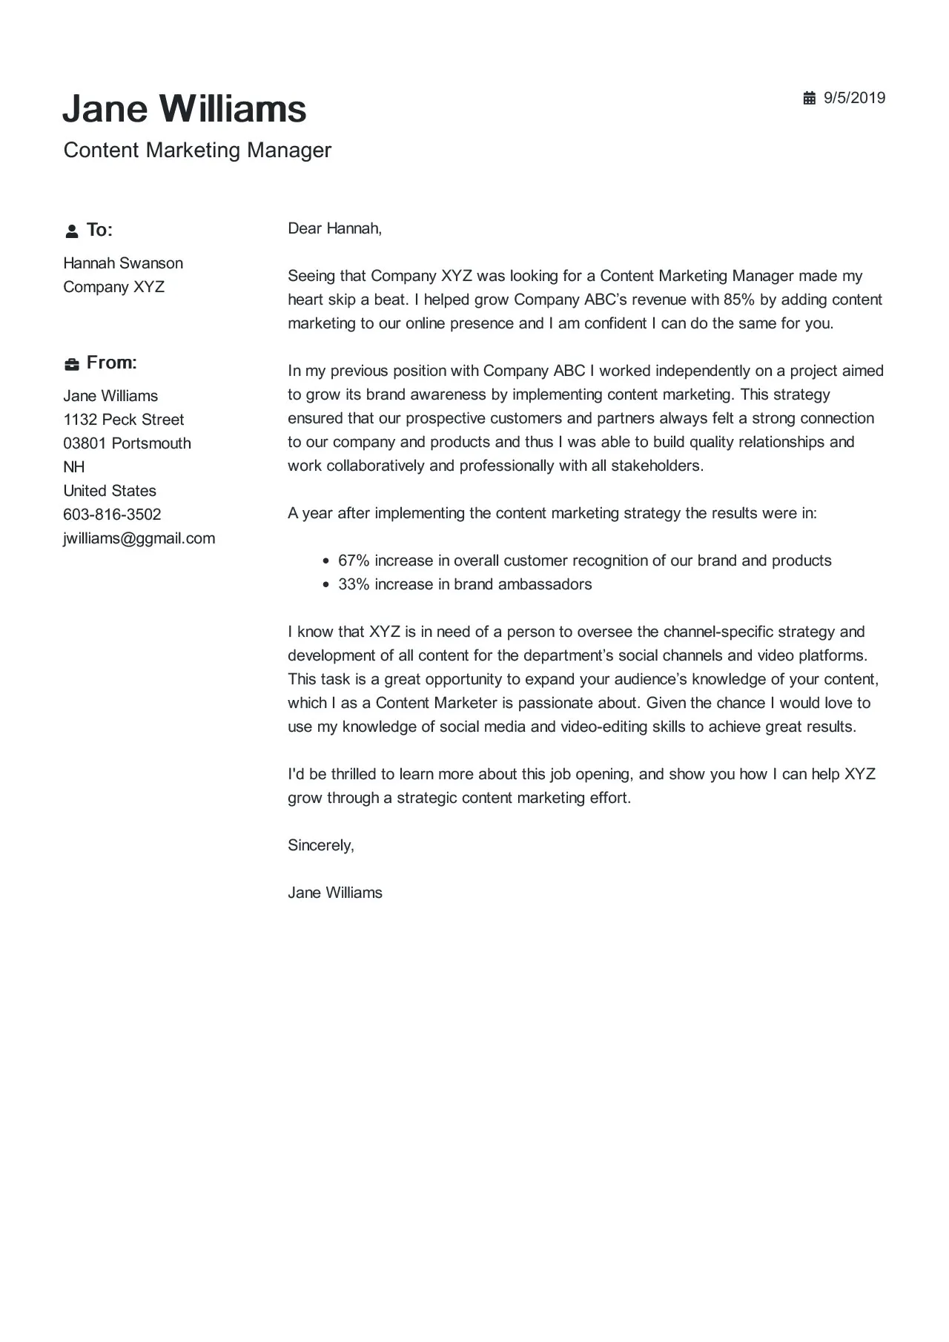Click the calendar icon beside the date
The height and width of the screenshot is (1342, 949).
[x=809, y=98]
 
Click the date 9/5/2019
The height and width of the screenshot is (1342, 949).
[x=855, y=98]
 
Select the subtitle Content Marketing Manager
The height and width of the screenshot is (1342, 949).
[x=197, y=150]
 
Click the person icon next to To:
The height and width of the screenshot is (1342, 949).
[x=71, y=231]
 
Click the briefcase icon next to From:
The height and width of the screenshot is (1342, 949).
[x=71, y=364]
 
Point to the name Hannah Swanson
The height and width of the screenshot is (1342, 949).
[x=123, y=263]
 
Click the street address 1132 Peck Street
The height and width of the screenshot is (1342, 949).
[x=123, y=420]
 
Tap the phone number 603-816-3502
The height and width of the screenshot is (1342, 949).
[x=112, y=515]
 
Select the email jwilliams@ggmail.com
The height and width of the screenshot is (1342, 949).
[x=139, y=538]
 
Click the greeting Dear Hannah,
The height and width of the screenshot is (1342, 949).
[x=334, y=228]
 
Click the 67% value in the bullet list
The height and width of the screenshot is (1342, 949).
[x=354, y=561]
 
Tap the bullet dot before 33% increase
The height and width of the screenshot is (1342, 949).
[x=326, y=585]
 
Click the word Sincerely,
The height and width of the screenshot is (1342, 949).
[x=321, y=845]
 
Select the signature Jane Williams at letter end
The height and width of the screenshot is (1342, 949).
[x=334, y=893]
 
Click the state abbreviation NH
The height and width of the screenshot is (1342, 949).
[x=74, y=467]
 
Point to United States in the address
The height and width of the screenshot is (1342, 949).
[x=110, y=491]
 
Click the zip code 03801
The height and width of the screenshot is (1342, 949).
[x=85, y=443]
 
